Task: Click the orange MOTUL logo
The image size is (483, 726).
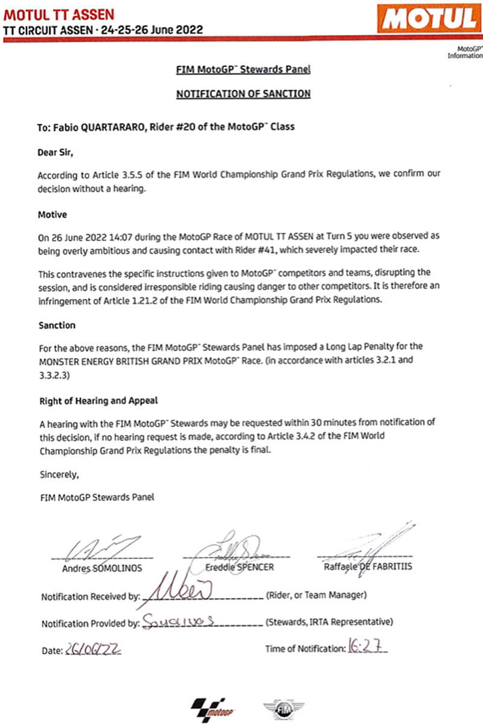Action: (429, 19)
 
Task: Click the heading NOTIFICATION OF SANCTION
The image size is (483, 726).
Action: (243, 93)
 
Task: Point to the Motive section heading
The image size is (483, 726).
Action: (53, 214)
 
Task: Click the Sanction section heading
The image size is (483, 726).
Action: (57, 325)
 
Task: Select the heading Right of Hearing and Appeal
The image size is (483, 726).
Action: (99, 400)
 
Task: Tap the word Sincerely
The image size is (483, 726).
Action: (59, 475)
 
